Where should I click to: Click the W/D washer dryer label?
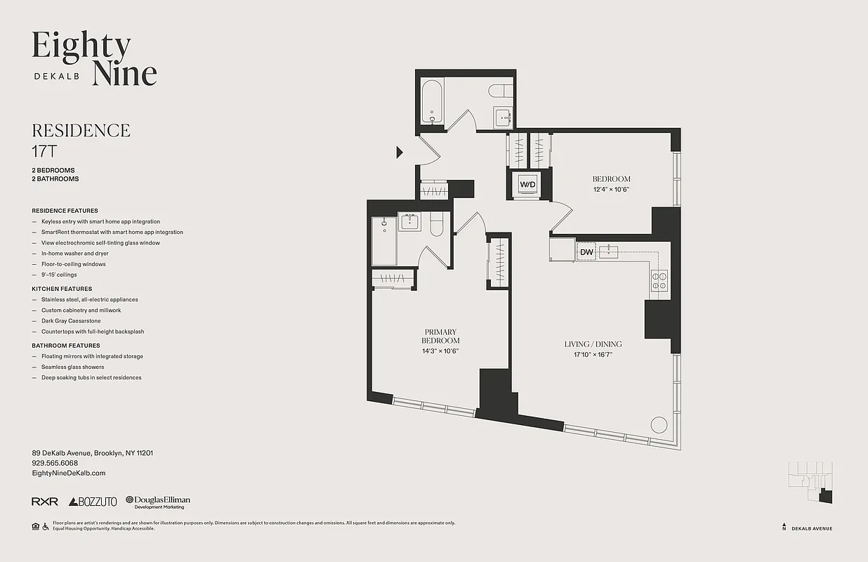[527, 184]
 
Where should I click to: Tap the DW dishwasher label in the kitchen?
[586, 252]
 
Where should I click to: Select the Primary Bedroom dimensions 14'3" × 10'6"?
[440, 351]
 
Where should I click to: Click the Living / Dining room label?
[593, 344]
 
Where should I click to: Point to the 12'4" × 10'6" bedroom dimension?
[610, 189]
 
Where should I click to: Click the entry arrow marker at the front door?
[399, 152]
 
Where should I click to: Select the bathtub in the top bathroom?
[432, 103]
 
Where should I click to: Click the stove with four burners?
[659, 281]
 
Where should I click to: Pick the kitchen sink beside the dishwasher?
[612, 251]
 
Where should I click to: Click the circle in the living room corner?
[659, 425]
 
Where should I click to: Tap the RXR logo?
[45, 502]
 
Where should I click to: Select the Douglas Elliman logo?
[158, 502]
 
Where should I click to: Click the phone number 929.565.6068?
[55, 464]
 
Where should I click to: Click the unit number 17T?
[43, 150]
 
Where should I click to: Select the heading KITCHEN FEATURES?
[62, 289]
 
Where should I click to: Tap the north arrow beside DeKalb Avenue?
[784, 527]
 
